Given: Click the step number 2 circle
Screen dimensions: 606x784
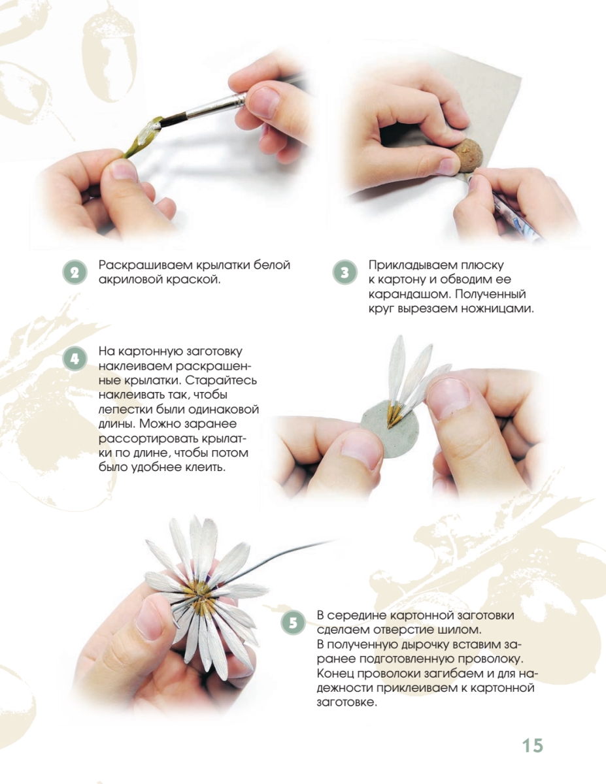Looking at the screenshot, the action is [75, 272].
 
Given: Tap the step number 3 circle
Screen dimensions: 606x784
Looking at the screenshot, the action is [345, 272].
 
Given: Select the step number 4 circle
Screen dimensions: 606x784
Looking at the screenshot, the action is [75, 359].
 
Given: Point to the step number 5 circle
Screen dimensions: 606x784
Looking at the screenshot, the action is [293, 623].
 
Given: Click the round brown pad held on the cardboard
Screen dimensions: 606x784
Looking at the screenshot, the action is [467, 156].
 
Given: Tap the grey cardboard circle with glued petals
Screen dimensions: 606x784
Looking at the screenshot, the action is [389, 433].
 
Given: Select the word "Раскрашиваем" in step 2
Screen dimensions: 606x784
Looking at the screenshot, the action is [146, 265].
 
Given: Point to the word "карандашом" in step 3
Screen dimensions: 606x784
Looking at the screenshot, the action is [409, 295].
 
